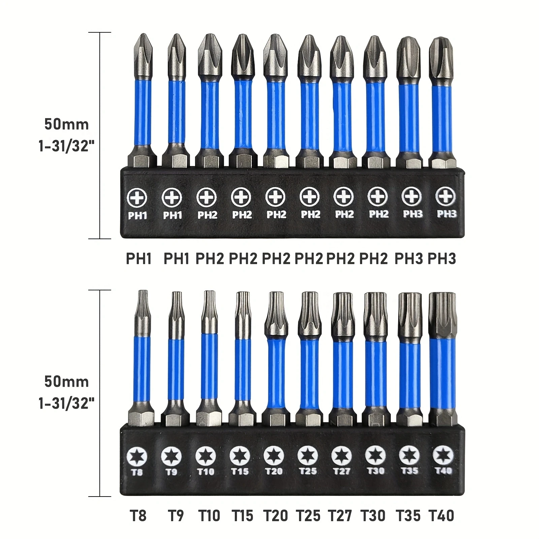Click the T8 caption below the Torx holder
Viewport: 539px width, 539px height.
pyautogui.click(x=138, y=516)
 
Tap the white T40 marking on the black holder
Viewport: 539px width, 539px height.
pyautogui.click(x=443, y=471)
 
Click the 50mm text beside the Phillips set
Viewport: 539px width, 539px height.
pyautogui.click(x=66, y=124)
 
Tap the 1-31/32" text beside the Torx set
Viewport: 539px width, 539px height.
pyautogui.click(x=66, y=403)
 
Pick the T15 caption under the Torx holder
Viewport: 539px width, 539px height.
pyautogui.click(x=242, y=516)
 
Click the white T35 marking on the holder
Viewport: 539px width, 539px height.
pyautogui.click(x=409, y=470)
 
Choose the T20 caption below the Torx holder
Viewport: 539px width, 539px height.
pyautogui.click(x=275, y=516)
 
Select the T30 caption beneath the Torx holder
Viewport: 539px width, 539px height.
pyautogui.click(x=373, y=516)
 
